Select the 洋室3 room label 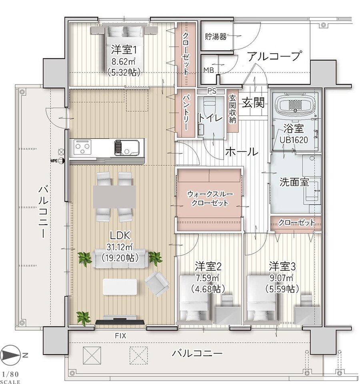pos(282,265)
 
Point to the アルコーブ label pos(273,56)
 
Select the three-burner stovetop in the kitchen pos(84,148)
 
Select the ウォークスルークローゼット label pos(208,198)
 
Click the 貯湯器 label pos(216,37)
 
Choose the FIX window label pos(121,336)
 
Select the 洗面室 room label pos(294,182)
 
